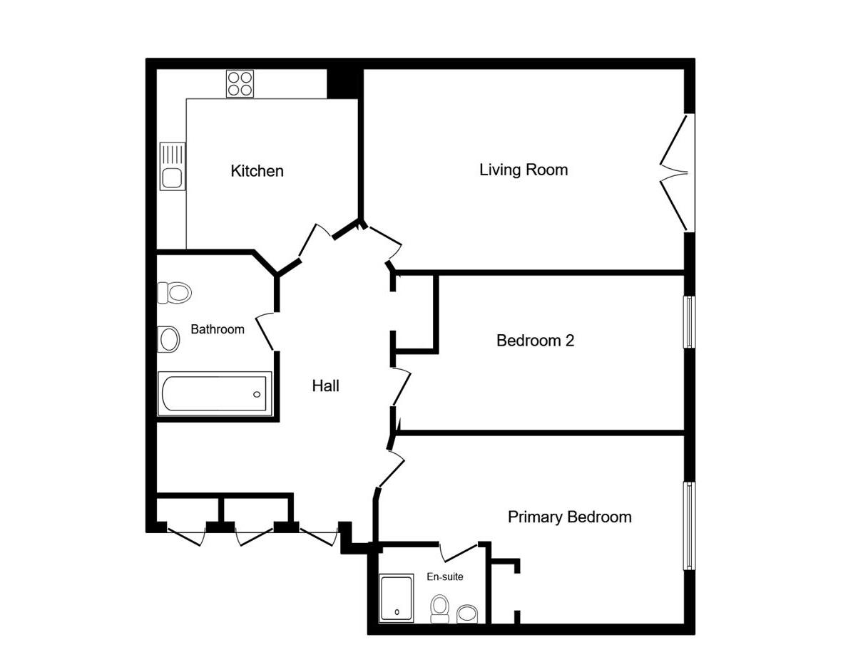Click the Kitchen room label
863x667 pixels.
[x=257, y=171]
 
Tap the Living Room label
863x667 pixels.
[x=524, y=170]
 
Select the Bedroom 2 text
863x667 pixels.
[x=535, y=341]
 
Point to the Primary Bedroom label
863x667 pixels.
[x=569, y=517]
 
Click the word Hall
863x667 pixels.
[x=325, y=386]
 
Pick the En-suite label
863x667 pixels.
[x=444, y=576]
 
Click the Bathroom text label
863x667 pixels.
[x=218, y=329]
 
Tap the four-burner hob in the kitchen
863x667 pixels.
[x=240, y=83]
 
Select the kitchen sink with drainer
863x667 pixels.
[x=173, y=166]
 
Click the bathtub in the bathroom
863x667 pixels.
[x=214, y=393]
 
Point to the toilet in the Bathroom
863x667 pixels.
[x=175, y=292]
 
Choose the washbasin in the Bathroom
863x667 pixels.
[x=169, y=339]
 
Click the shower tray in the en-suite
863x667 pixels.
[x=396, y=598]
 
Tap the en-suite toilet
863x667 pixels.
[x=440, y=609]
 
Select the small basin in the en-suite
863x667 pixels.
[x=467, y=614]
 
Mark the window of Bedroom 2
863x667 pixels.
[x=689, y=322]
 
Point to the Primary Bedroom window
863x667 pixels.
[x=689, y=525]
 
